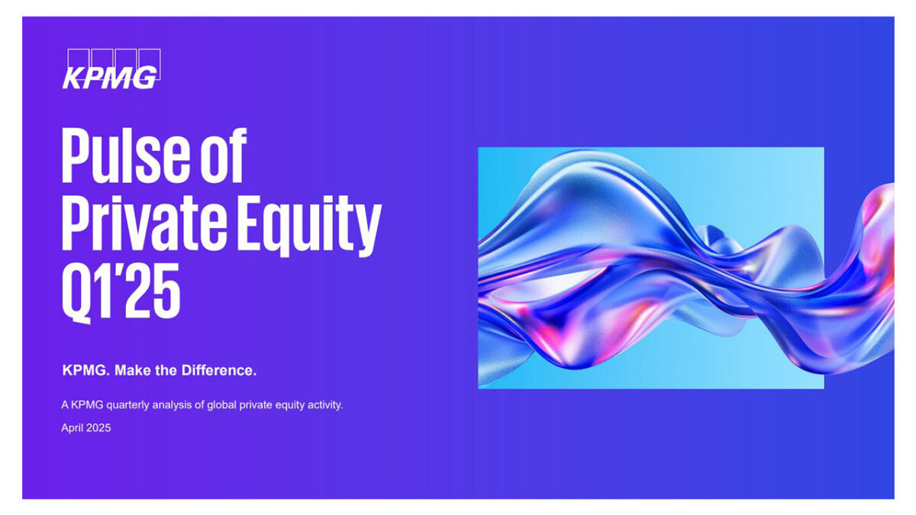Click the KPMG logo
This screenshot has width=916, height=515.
pos(111,69)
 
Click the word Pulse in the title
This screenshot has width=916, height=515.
pos(125,156)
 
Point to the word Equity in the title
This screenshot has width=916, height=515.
pos(310,226)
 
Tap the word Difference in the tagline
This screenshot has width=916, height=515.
pos(219,370)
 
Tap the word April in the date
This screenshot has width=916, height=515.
pos(72,428)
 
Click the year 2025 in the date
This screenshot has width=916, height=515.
pos(98,428)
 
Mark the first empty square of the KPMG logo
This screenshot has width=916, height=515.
pos(78,58)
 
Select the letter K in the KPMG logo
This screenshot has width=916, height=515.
pos(73,78)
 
